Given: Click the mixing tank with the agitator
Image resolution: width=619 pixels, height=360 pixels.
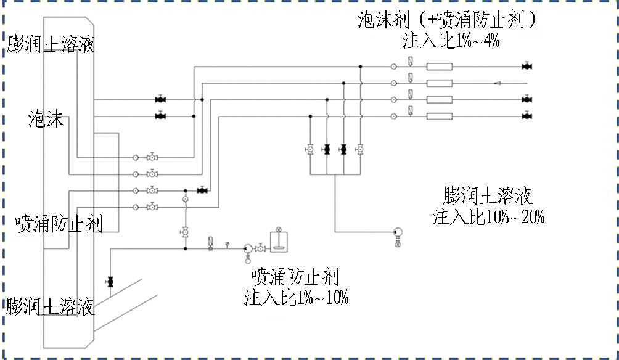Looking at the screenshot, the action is (x=279, y=241).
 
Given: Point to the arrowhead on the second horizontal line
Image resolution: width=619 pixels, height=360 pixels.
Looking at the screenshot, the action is (x=498, y=83).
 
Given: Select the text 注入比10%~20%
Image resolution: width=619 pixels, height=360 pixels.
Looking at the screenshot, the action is (x=488, y=217).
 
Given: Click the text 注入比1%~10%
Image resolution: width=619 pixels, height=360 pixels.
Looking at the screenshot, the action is (x=296, y=297).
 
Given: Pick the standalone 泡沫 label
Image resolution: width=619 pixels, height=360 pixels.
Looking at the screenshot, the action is (x=46, y=119).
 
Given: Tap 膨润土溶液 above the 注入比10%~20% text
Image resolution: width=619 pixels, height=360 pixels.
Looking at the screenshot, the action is (x=488, y=196).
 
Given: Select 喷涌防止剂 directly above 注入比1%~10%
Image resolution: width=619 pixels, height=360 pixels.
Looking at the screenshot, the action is (x=295, y=277).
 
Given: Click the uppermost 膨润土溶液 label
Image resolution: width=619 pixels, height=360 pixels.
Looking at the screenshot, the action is (x=51, y=44).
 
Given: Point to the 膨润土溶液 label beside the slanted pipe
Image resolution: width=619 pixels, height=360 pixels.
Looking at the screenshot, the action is (x=50, y=306).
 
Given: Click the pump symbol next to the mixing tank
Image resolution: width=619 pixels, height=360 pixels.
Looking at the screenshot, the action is (x=248, y=248).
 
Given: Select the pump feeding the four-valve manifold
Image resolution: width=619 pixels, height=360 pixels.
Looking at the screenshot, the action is (x=398, y=232).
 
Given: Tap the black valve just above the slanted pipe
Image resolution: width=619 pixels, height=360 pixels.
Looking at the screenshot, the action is (x=110, y=282).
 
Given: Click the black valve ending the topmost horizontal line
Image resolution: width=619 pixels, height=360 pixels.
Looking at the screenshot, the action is (x=527, y=67).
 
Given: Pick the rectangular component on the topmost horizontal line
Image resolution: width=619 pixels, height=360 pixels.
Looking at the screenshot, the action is (x=440, y=67).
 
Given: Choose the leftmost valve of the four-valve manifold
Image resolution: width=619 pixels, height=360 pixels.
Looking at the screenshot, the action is (x=310, y=149).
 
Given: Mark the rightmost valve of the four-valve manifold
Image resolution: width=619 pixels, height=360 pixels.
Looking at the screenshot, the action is (x=360, y=149).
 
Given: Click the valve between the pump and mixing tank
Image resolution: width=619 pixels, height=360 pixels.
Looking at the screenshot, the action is (x=260, y=248).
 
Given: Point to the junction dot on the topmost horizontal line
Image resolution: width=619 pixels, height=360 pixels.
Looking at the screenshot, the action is (x=360, y=67).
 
